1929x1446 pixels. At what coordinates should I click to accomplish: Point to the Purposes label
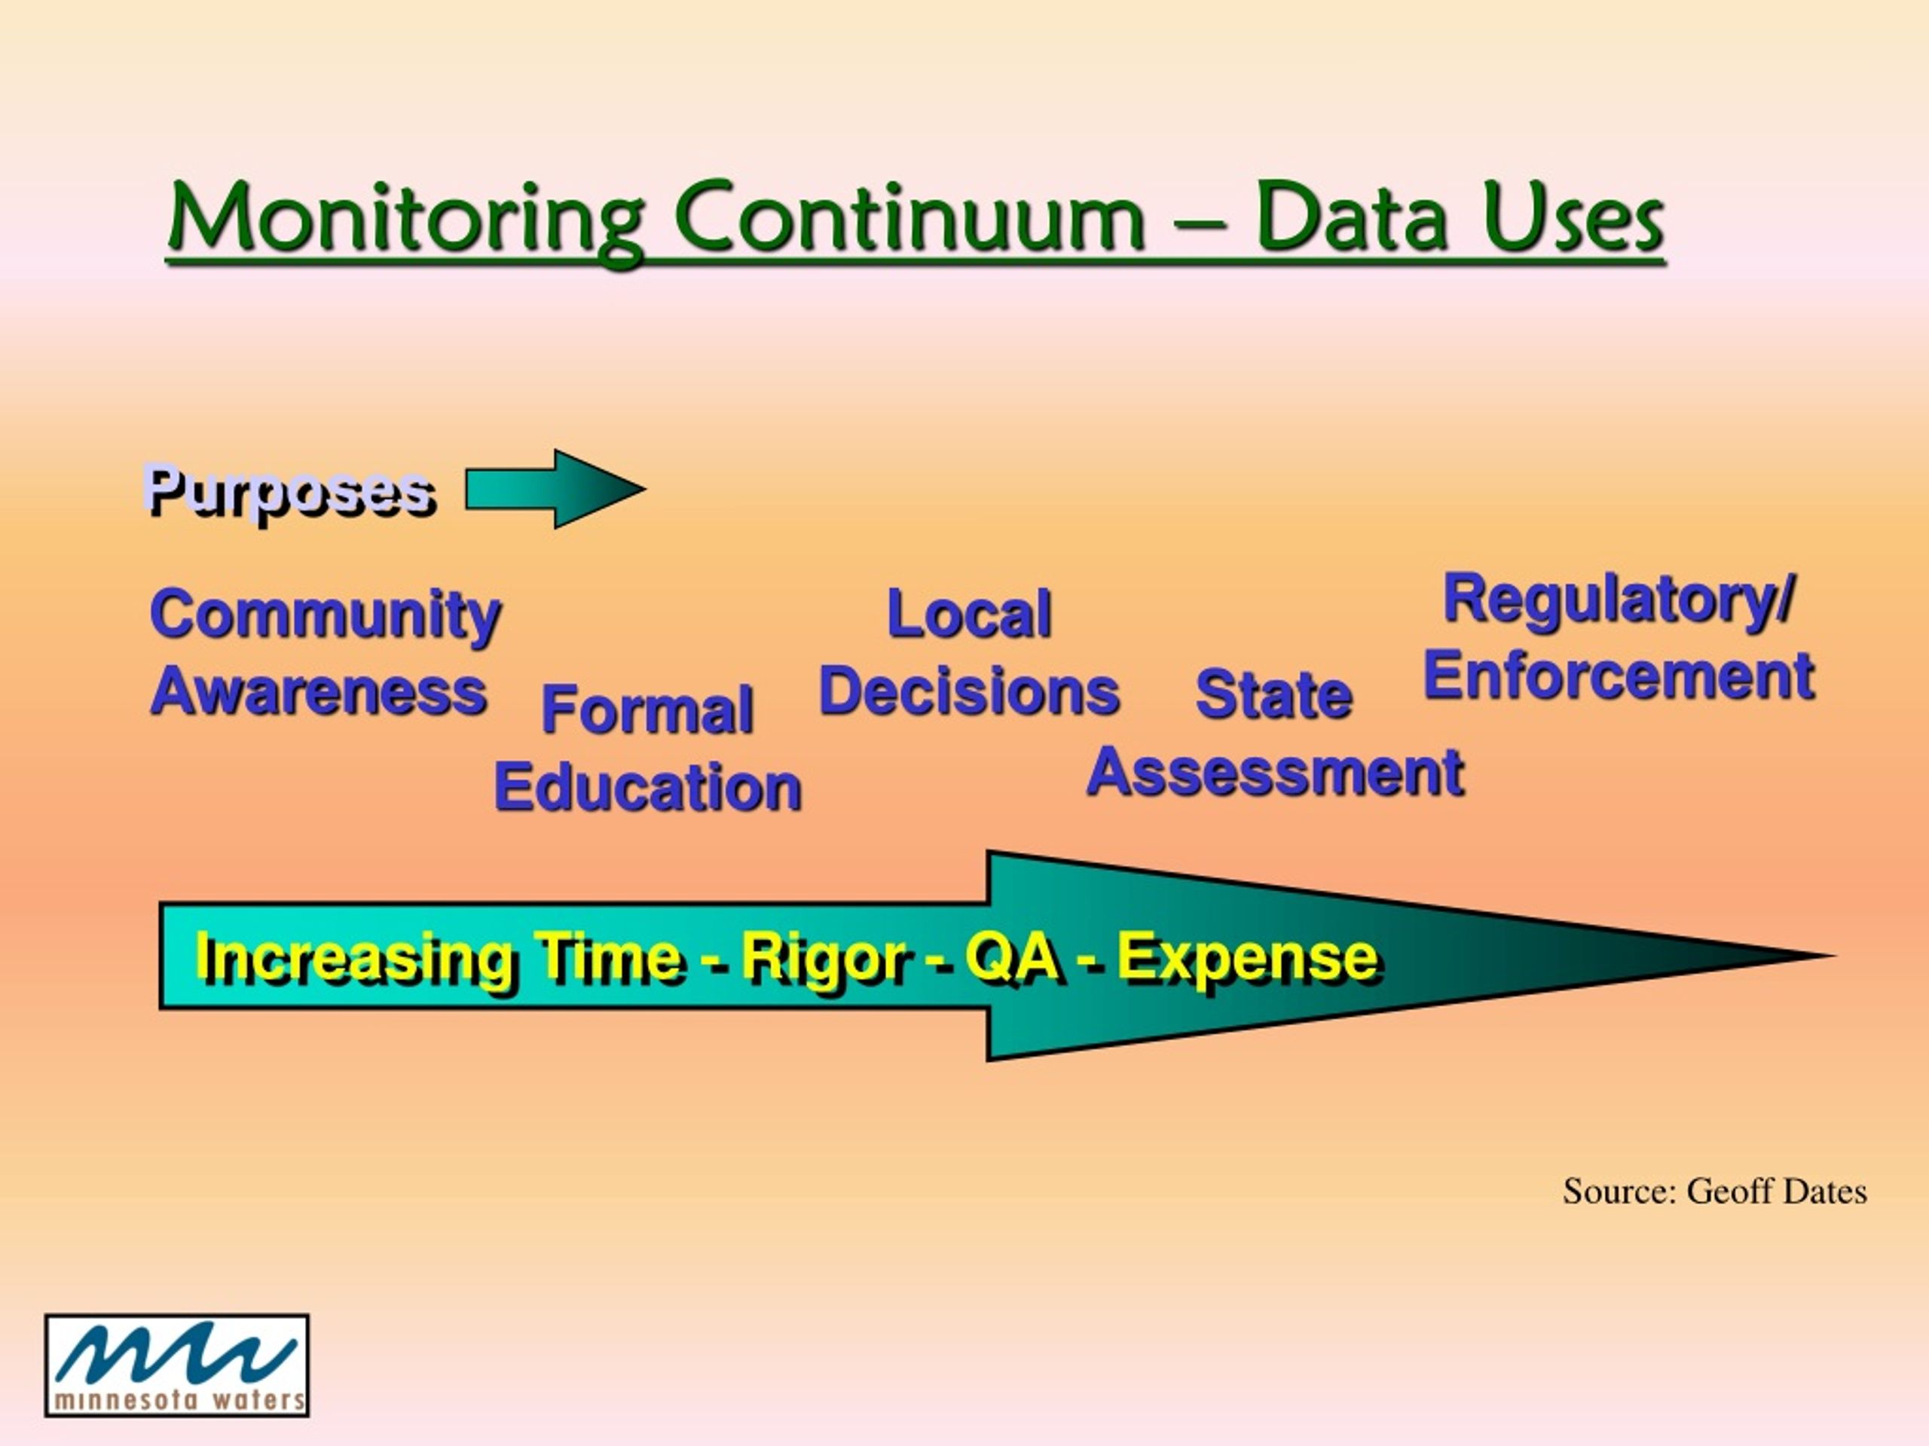289,493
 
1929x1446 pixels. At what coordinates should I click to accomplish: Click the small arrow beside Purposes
555,489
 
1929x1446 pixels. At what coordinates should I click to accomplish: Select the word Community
326,615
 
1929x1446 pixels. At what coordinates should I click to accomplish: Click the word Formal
647,709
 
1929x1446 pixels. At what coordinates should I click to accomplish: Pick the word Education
647,787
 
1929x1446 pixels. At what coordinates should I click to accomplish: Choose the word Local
969,615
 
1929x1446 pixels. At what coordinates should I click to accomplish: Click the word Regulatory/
1619,599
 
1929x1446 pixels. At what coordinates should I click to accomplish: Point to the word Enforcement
1619,676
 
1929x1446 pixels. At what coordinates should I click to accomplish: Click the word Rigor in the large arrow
824,959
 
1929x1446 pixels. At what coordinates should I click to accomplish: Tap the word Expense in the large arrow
1247,957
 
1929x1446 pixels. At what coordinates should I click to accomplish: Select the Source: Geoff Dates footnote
1714,1191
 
